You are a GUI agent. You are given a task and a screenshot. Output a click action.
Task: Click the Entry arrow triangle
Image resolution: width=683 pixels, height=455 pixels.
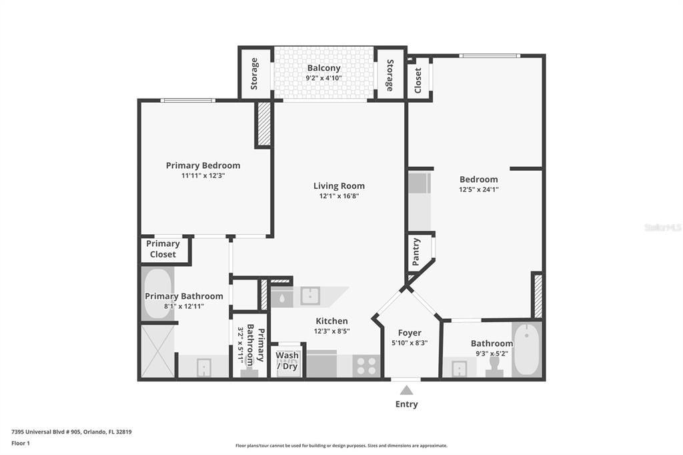[406, 390]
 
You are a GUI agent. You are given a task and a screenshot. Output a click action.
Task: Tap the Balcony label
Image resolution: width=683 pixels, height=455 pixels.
[323, 68]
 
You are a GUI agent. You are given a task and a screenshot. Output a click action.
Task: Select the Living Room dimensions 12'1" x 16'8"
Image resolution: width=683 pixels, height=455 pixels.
[339, 196]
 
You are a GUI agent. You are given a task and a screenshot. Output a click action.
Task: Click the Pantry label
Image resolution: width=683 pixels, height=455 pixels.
[416, 252]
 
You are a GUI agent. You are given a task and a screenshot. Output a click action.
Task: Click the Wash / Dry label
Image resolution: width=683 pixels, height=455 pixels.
[287, 361]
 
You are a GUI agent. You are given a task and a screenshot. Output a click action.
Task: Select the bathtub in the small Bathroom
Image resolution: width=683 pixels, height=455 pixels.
[526, 350]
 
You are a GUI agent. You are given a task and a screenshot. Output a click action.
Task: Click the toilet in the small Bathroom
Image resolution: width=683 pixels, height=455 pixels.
[494, 367]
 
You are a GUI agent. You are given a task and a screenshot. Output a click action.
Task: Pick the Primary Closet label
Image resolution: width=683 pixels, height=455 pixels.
[163, 249]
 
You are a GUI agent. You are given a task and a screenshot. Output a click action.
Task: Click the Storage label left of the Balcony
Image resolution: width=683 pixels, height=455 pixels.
[254, 73]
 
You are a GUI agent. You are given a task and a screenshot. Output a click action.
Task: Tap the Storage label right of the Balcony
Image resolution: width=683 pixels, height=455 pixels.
[390, 75]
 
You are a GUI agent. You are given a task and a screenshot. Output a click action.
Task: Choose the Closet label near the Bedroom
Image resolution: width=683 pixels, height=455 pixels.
[418, 79]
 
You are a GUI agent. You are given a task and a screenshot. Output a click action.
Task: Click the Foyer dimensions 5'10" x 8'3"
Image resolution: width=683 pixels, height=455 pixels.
[410, 343]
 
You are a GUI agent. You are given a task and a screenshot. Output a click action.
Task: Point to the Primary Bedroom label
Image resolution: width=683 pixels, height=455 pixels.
[203, 165]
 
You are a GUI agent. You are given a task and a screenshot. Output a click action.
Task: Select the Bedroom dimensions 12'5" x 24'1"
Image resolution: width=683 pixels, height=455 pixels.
[478, 189]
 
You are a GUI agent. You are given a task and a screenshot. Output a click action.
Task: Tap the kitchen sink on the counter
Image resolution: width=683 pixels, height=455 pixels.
[309, 296]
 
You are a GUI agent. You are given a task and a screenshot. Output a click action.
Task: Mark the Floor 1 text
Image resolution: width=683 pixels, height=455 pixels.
[21, 443]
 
